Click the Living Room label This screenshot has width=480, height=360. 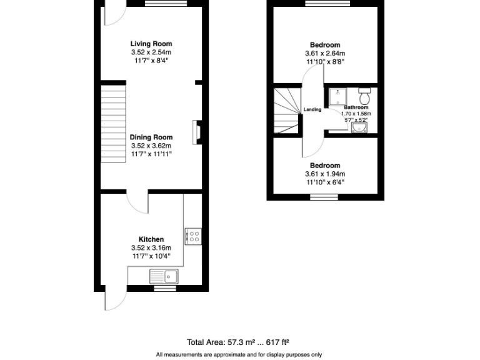(x=151, y=44)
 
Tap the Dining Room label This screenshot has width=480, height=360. (x=151, y=137)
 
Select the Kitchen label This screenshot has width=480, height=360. (x=151, y=239)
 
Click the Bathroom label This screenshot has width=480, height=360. (x=356, y=107)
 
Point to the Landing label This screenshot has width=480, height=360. (x=312, y=110)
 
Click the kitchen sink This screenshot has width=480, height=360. (x=164, y=276)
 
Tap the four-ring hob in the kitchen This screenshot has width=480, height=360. (x=194, y=236)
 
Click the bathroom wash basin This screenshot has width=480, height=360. (x=359, y=127)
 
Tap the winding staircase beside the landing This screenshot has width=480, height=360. (x=287, y=111)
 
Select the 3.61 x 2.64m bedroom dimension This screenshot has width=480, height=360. (x=324, y=53)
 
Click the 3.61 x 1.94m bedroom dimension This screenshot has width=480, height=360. (x=324, y=174)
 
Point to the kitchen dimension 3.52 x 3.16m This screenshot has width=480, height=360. (x=151, y=247)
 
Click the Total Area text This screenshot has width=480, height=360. (x=237, y=342)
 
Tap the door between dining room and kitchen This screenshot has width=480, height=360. (x=136, y=202)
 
